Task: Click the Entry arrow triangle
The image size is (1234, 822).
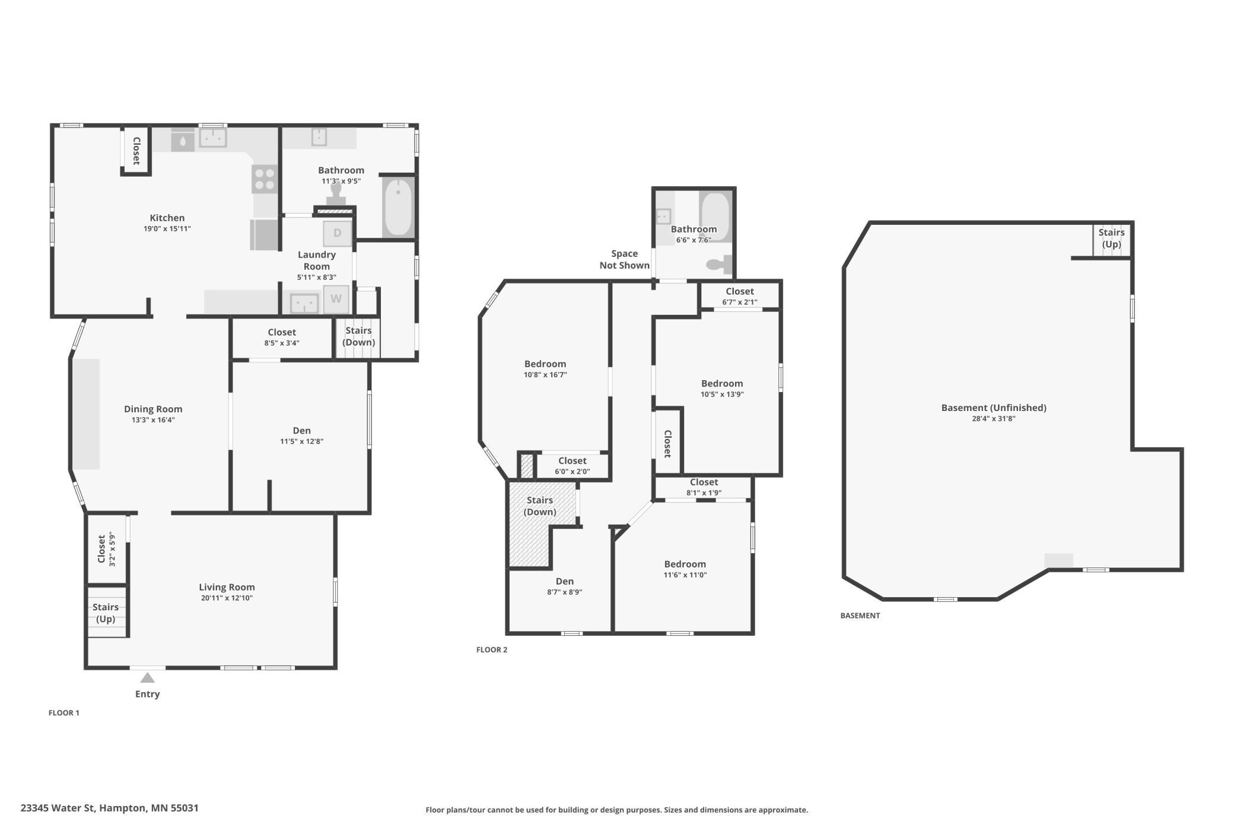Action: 147,677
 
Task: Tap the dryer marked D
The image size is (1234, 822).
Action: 337,233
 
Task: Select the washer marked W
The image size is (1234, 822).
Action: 336,299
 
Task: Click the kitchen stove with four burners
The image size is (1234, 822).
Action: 265,179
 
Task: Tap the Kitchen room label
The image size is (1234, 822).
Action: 167,218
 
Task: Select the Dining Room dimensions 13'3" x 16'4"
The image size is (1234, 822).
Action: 153,420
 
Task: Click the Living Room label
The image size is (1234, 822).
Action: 227,587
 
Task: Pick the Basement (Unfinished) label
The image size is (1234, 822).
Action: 994,407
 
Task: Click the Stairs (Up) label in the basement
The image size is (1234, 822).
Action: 1111,238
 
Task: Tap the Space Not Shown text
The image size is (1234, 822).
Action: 624,259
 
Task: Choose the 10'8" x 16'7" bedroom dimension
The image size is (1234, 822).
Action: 545,375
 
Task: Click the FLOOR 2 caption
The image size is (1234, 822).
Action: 492,649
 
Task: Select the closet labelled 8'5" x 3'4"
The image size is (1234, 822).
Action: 282,337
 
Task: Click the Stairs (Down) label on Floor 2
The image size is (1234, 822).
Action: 540,506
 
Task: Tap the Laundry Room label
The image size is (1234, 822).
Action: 317,260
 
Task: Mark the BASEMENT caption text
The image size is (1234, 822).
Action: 860,616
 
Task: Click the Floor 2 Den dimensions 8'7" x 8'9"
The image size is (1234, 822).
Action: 565,592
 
